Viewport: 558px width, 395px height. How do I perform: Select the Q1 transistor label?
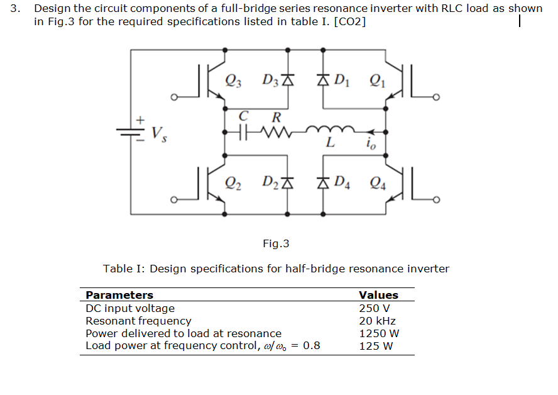tap(378, 80)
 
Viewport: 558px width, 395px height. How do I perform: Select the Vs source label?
tap(160, 133)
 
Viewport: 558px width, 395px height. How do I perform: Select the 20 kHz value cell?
tap(377, 321)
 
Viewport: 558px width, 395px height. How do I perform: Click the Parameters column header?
tap(119, 295)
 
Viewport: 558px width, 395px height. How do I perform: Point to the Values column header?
tap(378, 295)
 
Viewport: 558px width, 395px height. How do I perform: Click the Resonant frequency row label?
tap(138, 321)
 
